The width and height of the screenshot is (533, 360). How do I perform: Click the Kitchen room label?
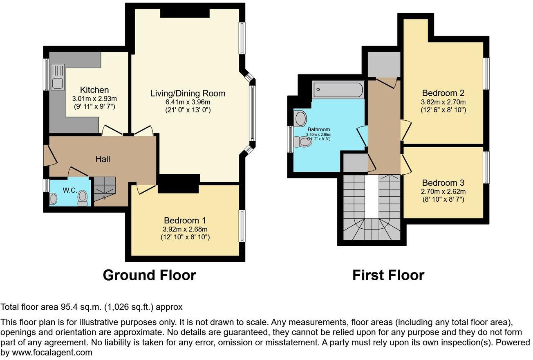coord(94,90)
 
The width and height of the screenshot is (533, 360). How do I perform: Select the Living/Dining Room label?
coord(188,93)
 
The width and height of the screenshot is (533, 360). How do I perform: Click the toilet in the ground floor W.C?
coord(83,198)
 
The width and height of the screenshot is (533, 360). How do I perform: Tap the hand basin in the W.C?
coord(54,198)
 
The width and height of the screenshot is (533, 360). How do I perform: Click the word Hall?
coord(103,159)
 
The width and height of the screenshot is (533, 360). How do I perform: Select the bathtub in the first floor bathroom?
coord(338,90)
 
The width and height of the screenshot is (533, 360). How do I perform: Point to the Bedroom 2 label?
coord(443,92)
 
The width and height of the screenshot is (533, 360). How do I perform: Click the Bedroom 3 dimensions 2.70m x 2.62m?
coord(443,191)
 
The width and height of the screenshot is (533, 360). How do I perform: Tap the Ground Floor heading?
coord(149,275)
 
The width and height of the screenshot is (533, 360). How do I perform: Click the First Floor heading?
coord(388,275)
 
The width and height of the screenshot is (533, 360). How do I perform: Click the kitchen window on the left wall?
coord(46,74)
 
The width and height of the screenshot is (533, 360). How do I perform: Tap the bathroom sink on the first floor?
coord(300,119)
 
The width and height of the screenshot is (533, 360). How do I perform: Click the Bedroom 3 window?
coord(486,167)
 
